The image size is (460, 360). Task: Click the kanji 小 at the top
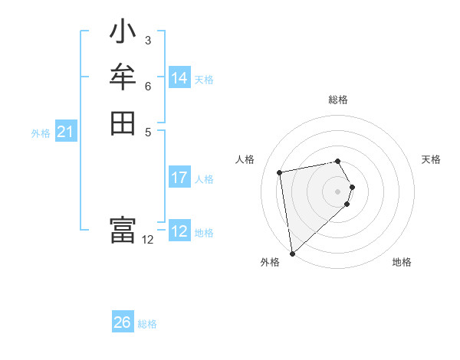(x=123, y=33)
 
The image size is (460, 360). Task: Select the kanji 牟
(x=123, y=77)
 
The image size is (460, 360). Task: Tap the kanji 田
(x=123, y=123)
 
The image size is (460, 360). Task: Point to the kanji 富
(x=123, y=231)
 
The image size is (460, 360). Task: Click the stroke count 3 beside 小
(x=148, y=41)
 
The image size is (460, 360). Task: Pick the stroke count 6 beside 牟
(x=148, y=86)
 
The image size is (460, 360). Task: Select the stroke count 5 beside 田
(x=148, y=131)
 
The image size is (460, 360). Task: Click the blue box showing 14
(x=179, y=78)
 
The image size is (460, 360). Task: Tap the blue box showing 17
(x=179, y=178)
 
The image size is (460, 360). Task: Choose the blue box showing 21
(x=66, y=133)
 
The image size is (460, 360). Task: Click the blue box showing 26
(x=123, y=322)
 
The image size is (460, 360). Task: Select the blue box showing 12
(x=179, y=231)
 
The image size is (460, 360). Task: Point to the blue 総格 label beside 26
(x=147, y=324)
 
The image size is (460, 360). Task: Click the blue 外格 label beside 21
(x=41, y=133)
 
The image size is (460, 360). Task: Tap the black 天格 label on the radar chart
(x=431, y=159)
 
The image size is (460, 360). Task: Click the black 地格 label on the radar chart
(x=402, y=262)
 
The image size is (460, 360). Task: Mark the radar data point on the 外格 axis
(x=292, y=254)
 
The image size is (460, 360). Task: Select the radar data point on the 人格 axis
(x=280, y=172)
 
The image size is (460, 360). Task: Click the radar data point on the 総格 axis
(x=337, y=161)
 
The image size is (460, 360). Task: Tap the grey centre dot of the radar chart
(x=337, y=191)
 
